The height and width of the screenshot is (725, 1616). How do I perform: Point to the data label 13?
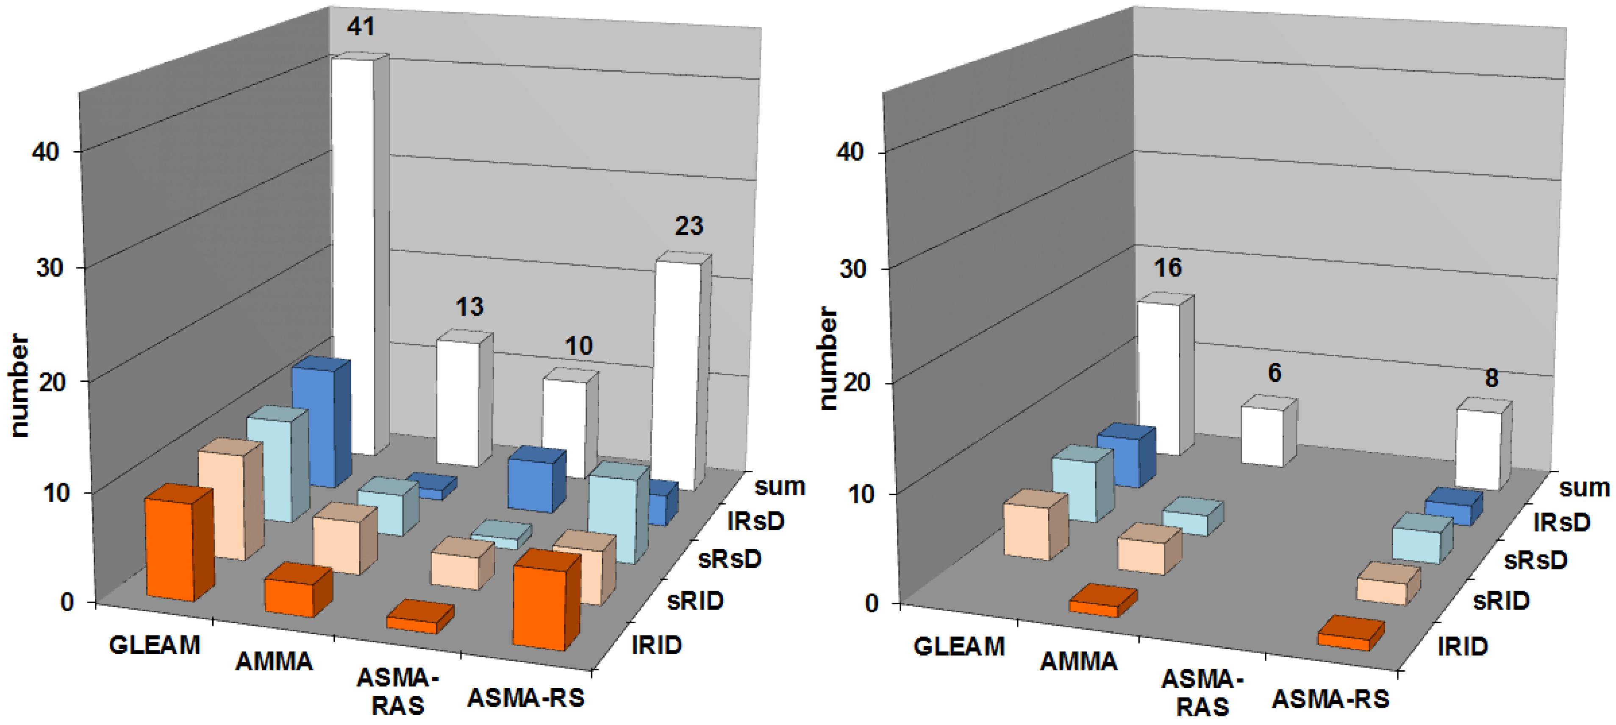469,307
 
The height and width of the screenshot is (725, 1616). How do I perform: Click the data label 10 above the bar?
578,346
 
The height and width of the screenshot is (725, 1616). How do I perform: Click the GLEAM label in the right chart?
958,646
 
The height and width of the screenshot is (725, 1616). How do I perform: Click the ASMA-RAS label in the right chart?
1202,693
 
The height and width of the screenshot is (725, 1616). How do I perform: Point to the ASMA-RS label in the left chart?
526,698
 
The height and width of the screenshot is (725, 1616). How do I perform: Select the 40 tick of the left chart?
45,152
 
